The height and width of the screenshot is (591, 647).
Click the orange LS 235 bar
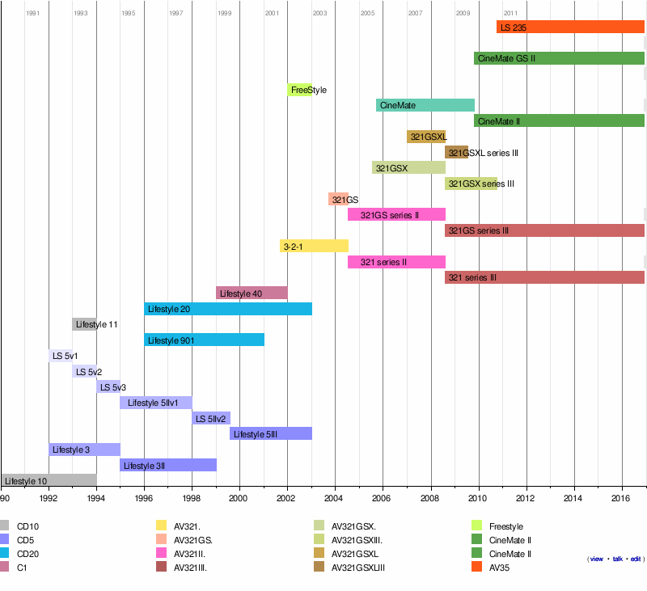pos(570,27)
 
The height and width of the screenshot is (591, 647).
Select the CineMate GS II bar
pos(559,58)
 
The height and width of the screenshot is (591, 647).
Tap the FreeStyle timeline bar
pos(299,90)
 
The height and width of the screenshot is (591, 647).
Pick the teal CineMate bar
pos(425,105)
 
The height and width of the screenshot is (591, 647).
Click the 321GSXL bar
pos(426,137)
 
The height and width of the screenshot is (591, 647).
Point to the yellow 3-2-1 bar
pos(314,246)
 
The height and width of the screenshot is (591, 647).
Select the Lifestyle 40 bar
pos(252,293)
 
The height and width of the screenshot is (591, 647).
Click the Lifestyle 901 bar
pos(204,340)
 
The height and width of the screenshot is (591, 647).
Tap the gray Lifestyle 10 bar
pos(49,480)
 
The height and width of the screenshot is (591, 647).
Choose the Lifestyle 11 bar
pos(84,324)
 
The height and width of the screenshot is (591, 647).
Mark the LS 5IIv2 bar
pos(211,418)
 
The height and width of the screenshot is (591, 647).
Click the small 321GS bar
pos(338,199)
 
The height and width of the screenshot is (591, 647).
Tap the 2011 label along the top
pos(510,14)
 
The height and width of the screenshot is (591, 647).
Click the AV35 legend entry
pos(501,568)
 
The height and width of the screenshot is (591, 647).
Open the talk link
pos(618,559)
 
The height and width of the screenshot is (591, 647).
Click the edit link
pos(636,559)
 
